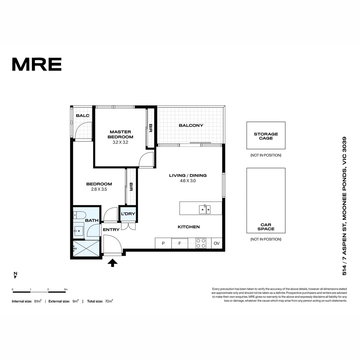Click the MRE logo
(37, 64)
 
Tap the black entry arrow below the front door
(112, 263)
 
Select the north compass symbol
(16, 275)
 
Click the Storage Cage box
(266, 135)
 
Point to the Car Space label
(266, 227)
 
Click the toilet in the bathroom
(79, 215)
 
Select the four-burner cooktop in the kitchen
(201, 243)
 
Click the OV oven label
(217, 243)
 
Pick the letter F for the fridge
(179, 243)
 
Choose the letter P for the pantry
(163, 243)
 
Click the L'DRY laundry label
(128, 214)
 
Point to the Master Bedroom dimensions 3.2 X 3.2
(120, 142)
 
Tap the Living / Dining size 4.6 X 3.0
(188, 181)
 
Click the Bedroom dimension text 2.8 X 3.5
(99, 189)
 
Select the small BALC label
(82, 115)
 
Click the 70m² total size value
(109, 301)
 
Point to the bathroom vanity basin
(79, 231)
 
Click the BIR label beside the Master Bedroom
(151, 128)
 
